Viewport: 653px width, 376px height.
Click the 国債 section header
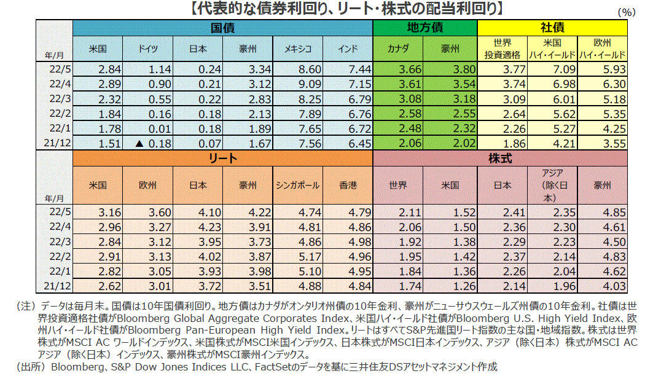[223, 28]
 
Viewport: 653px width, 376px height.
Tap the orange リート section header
[223, 159]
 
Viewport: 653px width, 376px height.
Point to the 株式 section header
[501, 159]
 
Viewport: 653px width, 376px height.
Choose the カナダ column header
[399, 49]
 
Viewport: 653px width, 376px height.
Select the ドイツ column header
[147, 49]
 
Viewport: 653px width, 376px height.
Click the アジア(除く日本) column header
[552, 185]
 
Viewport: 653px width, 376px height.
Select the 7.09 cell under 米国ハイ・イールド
[552, 69]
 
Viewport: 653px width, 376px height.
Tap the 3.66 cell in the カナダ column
[399, 69]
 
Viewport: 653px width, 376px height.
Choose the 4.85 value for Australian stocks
[603, 213]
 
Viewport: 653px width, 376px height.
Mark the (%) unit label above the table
[626, 12]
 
